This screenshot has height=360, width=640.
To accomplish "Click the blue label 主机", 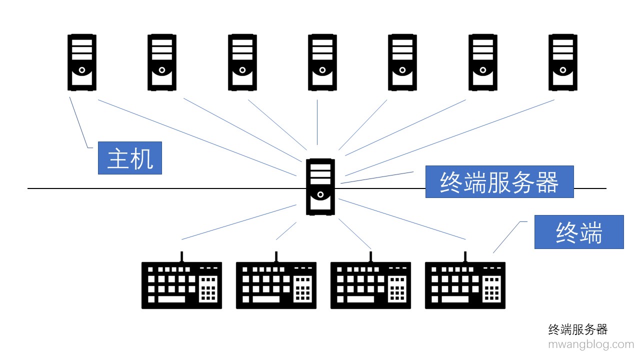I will tap(129, 157).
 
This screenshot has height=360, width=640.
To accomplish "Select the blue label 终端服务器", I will tap(499, 182).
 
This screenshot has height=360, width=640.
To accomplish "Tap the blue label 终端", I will tap(578, 232).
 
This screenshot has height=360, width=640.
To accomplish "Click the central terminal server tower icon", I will tap(320, 186).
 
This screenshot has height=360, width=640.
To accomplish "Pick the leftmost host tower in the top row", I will tap(82, 62).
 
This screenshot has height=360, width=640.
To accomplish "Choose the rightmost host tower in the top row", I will tap(562, 62).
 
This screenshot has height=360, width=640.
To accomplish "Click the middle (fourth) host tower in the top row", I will tap(322, 62).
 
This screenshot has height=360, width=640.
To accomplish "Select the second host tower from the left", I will tap(162, 62).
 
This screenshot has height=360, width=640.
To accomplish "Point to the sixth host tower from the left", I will tap(482, 62).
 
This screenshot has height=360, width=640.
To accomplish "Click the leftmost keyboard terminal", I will tap(181, 285).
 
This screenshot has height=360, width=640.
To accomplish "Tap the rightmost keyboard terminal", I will tap(465, 285).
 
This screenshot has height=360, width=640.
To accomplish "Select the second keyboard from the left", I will tap(276, 285).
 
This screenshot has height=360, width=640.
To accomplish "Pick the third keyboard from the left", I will tap(370, 285).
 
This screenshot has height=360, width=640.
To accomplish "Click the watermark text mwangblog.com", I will tap(590, 344).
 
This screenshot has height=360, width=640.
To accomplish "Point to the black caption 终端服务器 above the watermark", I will tap(577, 329).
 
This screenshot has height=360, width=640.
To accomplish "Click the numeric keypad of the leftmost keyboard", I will tap(208, 289).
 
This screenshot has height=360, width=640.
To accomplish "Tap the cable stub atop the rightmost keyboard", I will tap(465, 256).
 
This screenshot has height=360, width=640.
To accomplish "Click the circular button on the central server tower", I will tap(320, 194).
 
